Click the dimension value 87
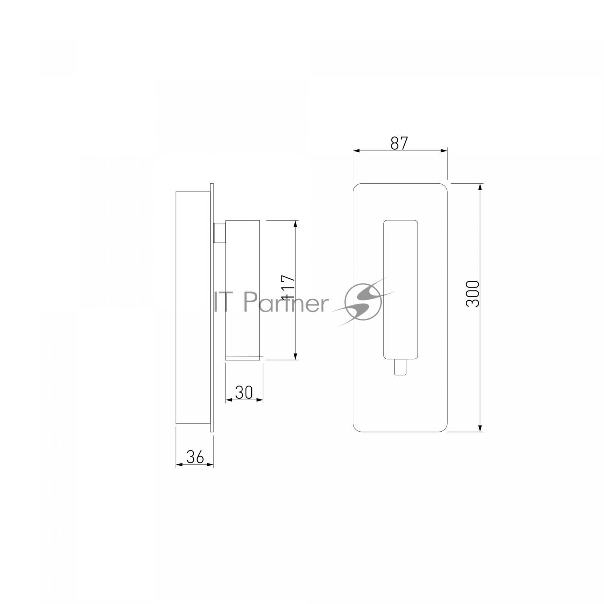399,143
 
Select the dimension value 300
473,294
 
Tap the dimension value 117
289,288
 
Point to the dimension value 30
244,392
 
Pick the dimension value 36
195,457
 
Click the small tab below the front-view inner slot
400,367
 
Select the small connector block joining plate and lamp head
220,233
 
